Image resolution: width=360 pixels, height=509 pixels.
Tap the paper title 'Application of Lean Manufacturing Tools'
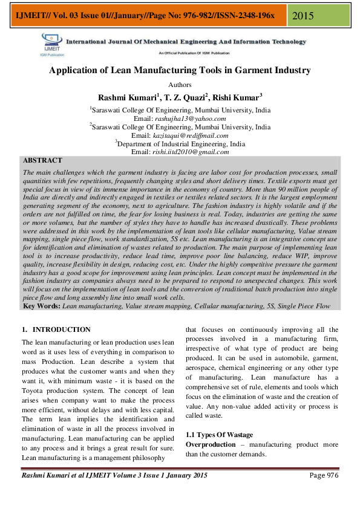click(180, 71)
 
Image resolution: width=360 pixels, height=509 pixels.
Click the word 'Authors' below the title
click(180, 85)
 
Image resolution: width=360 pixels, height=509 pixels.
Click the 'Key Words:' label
click(41, 306)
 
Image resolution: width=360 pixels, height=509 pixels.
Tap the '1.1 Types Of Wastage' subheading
click(219, 435)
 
